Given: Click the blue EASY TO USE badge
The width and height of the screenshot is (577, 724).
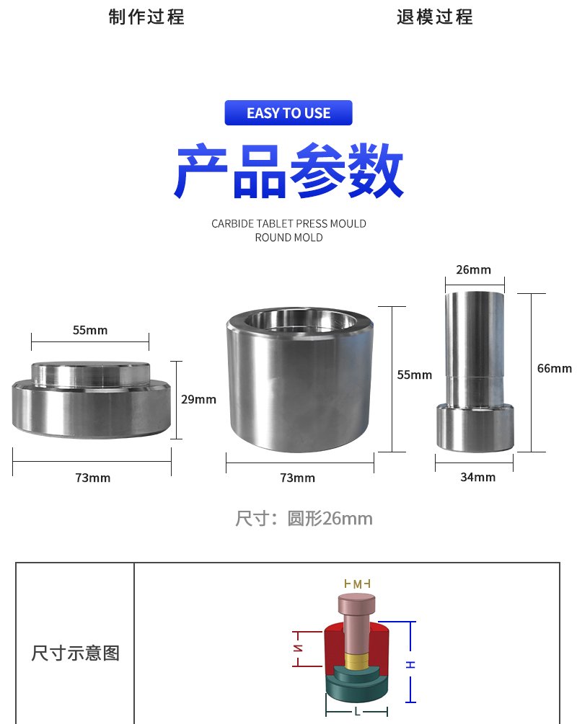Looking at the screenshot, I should pyautogui.click(x=288, y=113).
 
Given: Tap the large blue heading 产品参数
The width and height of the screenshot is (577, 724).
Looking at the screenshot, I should pyautogui.click(x=288, y=171).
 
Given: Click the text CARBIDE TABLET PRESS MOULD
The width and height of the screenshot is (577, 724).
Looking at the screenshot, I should pyautogui.click(x=288, y=223).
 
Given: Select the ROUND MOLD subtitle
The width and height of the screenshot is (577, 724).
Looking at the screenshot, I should pyautogui.click(x=288, y=237).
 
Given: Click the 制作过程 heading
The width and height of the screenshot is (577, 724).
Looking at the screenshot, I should pyautogui.click(x=146, y=17).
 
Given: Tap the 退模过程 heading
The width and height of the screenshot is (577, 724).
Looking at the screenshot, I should pyautogui.click(x=435, y=17).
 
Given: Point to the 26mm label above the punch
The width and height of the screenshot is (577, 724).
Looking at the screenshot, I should pyautogui.click(x=473, y=269).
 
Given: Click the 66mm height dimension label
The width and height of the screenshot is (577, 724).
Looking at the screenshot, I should pyautogui.click(x=554, y=368).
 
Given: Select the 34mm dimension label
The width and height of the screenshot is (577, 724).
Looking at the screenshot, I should pyautogui.click(x=477, y=477).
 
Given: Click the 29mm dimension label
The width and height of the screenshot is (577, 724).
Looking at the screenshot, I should pyautogui.click(x=198, y=399).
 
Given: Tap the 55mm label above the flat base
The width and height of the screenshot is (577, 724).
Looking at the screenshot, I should pyautogui.click(x=89, y=330).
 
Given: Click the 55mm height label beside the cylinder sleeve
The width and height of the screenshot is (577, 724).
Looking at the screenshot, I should pyautogui.click(x=415, y=375).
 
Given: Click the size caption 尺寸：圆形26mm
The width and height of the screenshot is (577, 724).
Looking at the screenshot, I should pyautogui.click(x=304, y=518).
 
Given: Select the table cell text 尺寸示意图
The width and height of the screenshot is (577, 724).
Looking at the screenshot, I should pyautogui.click(x=75, y=653).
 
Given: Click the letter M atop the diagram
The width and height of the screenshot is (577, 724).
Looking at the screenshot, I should pyautogui.click(x=357, y=584).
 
